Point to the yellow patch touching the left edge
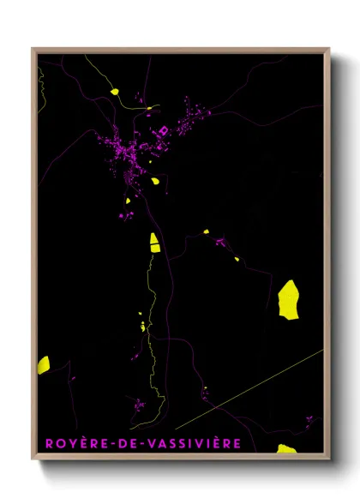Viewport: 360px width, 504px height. click(43, 364)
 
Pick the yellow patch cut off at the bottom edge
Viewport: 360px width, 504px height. click(286, 448)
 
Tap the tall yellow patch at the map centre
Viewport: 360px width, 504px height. click(154, 242)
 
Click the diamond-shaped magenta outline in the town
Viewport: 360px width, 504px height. click(163, 130)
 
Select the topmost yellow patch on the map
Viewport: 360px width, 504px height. click(112, 90)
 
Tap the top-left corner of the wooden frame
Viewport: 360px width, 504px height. click(33, 50)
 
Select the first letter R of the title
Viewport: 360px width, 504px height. click(45, 443)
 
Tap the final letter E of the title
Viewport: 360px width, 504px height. click(237, 443)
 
